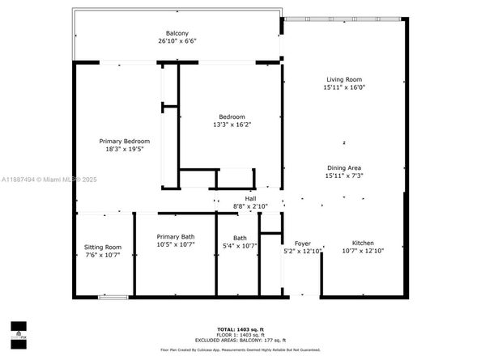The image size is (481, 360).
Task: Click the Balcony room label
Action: (177, 33)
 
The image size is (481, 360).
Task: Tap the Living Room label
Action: (343, 79)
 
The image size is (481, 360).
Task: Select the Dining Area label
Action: (343, 167)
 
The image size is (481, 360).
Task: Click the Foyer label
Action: (302, 243)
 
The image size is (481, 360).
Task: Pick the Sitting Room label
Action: (103, 247)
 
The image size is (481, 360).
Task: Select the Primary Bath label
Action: (176, 236)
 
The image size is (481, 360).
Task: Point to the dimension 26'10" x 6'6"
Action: (177, 41)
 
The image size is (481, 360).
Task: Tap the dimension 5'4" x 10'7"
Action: (240, 246)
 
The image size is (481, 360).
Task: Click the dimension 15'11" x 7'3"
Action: (343, 175)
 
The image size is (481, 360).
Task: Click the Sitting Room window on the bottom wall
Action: (113, 297)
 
